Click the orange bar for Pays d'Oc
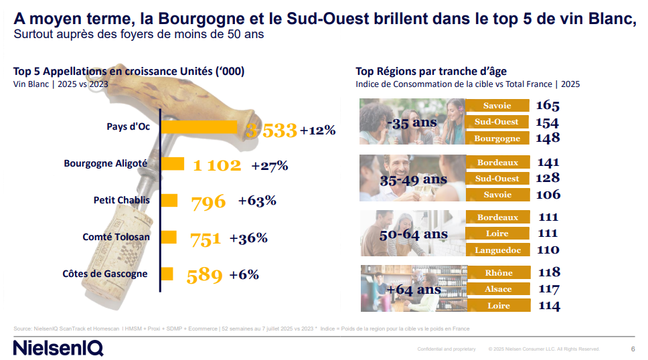[x=199, y=127]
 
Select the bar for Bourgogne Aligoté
[x=173, y=163]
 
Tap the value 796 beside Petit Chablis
[x=208, y=201]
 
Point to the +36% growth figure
[x=248, y=238]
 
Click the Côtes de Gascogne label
[x=105, y=274]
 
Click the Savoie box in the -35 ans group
[x=497, y=106]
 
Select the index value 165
[x=547, y=106]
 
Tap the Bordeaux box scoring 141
[x=497, y=162]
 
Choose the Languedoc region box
[x=497, y=250]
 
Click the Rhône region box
[x=498, y=272]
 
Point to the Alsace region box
[x=498, y=289]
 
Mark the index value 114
[x=548, y=306]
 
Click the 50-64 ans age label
[x=413, y=235]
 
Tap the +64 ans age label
[x=414, y=290]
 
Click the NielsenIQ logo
[x=58, y=348]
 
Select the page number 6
[x=633, y=349]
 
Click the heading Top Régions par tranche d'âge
[x=431, y=72]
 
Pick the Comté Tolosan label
[x=116, y=237]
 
